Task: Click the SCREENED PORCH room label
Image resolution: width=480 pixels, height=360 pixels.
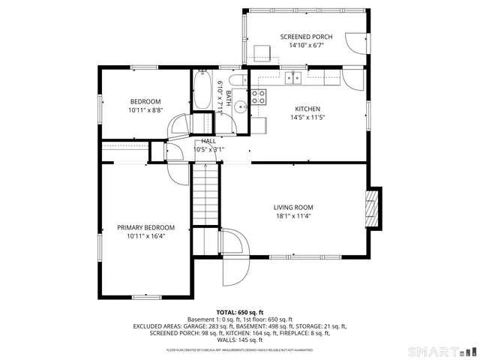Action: point(307,37)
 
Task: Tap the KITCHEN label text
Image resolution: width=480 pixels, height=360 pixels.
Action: point(307,108)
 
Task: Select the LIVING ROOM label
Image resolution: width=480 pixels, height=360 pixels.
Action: point(292,207)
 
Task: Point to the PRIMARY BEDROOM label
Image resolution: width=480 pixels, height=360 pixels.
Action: point(145,227)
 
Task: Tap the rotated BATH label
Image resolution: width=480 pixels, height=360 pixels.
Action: point(228,98)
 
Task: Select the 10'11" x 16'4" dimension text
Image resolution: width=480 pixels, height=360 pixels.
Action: point(145,236)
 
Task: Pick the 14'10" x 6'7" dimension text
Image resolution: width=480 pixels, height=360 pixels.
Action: point(307,46)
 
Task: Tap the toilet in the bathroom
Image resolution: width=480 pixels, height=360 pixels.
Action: point(235,81)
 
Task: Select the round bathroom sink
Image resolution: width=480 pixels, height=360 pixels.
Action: point(239,107)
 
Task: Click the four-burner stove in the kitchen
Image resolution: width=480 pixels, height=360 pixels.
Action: point(258,96)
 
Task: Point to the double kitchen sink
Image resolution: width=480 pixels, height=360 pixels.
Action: point(292,76)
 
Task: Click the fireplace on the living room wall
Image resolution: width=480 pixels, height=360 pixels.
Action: point(370,207)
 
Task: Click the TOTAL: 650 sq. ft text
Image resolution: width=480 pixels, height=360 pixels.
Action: point(239,312)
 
